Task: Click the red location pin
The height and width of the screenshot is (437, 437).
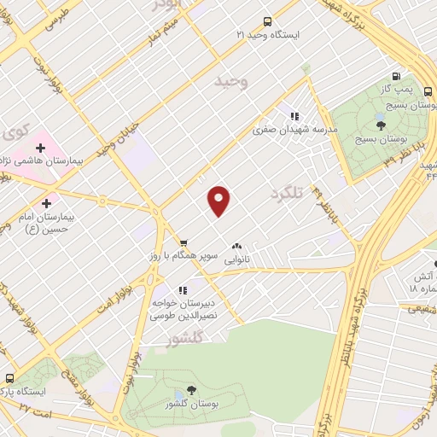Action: [219, 201]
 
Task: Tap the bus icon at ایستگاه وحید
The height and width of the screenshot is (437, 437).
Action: [268, 21]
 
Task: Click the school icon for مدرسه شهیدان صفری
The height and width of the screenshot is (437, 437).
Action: [294, 116]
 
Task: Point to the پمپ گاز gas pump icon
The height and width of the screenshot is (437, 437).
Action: [405, 78]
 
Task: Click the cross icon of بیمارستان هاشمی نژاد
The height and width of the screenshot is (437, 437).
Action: [40, 149]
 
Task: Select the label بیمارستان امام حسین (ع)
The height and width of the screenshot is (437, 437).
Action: [47, 224]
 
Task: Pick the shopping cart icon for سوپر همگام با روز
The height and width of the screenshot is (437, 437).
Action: [183, 243]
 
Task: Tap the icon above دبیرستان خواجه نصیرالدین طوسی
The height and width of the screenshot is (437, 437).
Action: [182, 290]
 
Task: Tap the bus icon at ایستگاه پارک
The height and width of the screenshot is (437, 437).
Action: [10, 378]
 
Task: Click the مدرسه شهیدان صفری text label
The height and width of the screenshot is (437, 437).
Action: [294, 130]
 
